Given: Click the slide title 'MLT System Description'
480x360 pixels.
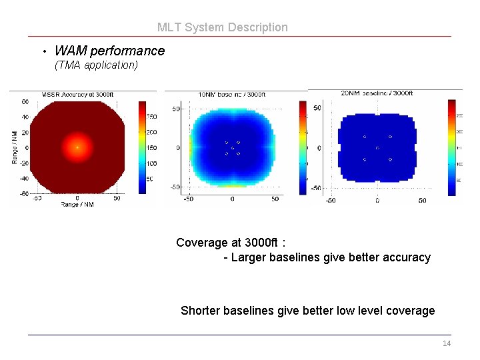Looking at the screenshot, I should [x=223, y=27].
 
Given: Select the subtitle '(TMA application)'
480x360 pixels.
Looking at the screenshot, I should [x=96, y=65].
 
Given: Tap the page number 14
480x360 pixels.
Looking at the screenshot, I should [x=446, y=343].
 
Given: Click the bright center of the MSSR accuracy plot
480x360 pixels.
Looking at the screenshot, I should [x=77, y=147].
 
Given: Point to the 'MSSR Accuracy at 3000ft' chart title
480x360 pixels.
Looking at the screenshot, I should [x=78, y=95].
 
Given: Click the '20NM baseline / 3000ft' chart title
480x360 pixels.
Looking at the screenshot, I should [x=377, y=93].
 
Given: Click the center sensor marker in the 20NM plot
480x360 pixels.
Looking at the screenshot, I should [x=377, y=148].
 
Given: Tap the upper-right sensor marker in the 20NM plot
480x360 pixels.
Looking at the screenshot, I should [x=390, y=137].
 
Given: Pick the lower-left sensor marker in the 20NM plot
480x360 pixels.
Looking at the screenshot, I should [x=365, y=160].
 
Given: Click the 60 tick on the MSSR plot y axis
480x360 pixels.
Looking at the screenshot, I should [x=25, y=102].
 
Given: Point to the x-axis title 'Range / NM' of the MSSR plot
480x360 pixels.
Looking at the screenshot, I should [x=78, y=204].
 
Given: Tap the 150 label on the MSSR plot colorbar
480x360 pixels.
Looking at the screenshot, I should [x=151, y=148].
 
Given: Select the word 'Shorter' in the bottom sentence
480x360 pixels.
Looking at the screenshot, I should [x=201, y=311].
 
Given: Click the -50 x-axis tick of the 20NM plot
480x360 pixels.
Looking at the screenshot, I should [x=331, y=201].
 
